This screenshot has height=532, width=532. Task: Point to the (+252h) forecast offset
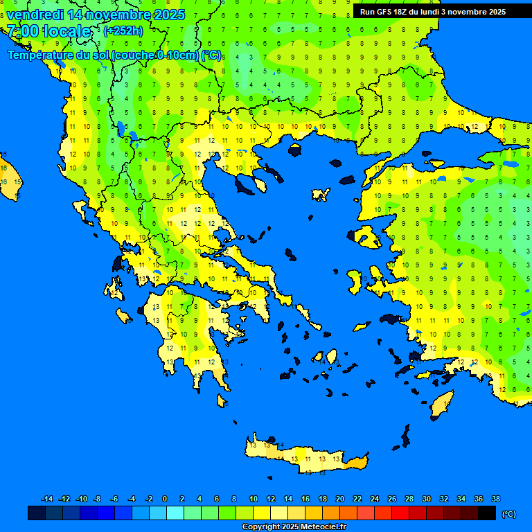(123, 31)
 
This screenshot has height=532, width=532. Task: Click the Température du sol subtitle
(114, 55)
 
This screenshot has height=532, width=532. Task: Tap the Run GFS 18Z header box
(433, 12)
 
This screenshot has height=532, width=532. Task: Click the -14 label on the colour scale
(47, 499)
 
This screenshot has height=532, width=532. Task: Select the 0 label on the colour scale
(165, 499)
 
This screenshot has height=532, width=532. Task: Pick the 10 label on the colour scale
(253, 499)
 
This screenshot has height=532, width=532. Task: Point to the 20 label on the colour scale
(339, 499)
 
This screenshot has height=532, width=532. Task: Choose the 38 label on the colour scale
(495, 499)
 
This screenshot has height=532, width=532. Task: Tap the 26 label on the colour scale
(391, 499)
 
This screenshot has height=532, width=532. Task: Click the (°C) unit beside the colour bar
(509, 514)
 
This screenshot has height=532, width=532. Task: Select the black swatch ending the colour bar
(487, 513)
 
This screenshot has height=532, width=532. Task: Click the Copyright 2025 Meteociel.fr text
(294, 526)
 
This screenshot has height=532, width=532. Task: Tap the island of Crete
(305, 457)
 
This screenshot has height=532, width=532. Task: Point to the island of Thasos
(295, 150)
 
